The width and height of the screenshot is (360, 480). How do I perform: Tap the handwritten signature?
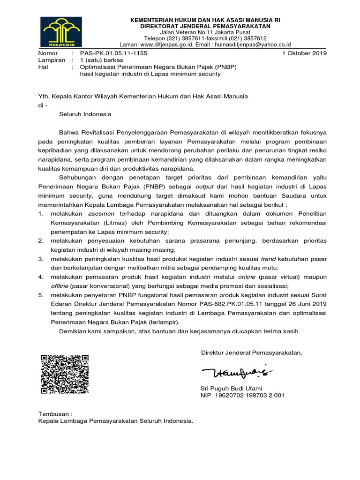(x=236, y=373)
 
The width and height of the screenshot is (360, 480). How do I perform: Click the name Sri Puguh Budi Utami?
(x=231, y=388)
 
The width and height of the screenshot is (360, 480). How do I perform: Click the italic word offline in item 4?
(x=62, y=286)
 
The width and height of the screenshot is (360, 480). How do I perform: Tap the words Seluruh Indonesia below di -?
(x=82, y=114)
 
